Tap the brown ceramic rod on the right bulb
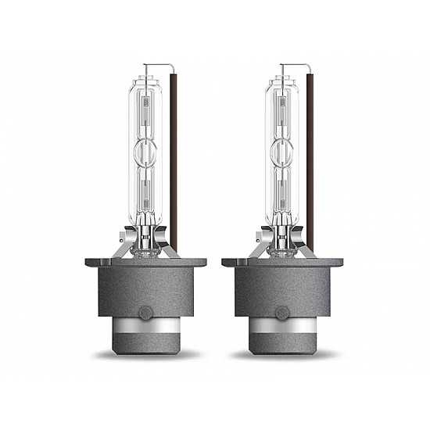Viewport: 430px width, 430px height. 314,156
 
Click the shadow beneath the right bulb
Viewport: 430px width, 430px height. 285,358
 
